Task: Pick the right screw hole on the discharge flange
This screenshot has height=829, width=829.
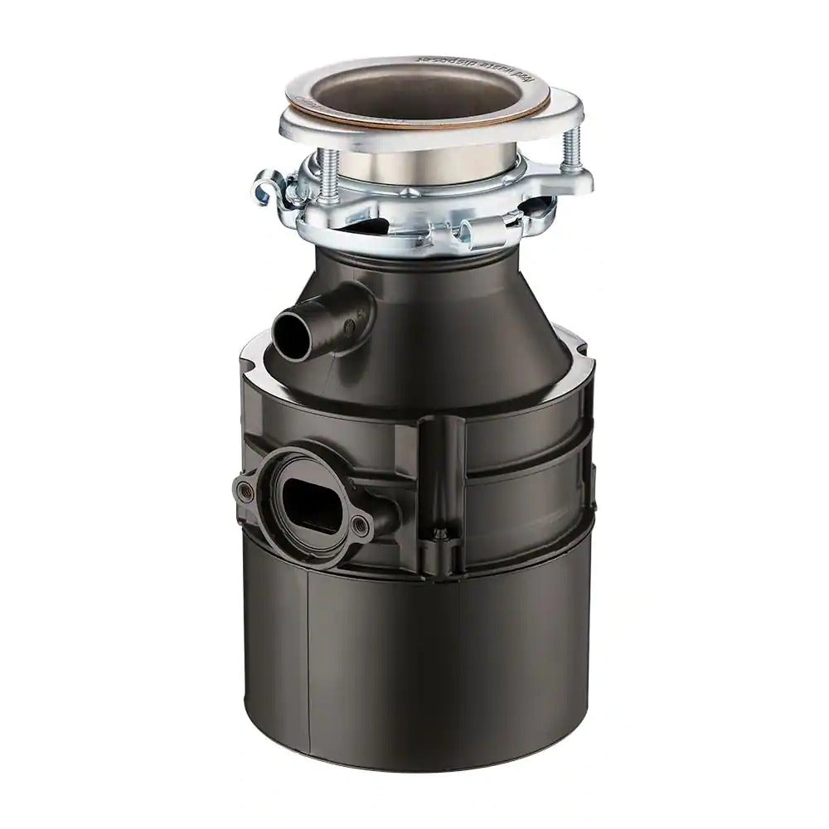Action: coord(357,523)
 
